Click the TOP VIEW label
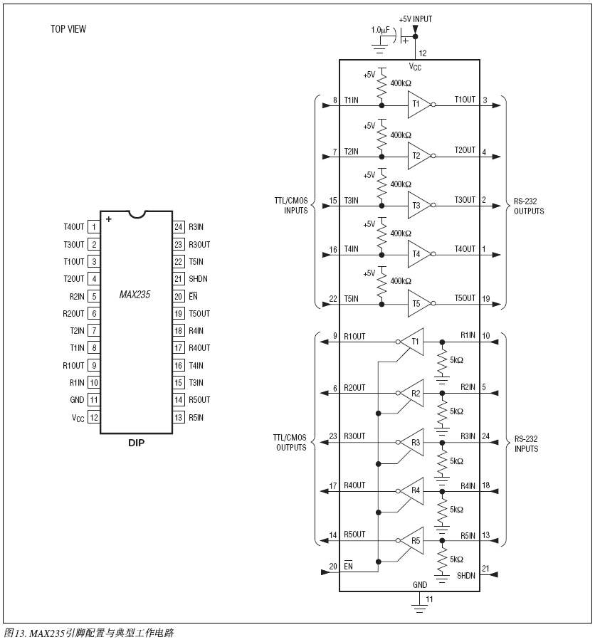tap(68, 29)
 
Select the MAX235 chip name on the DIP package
tap(135, 295)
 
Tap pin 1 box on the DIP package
tap(94, 227)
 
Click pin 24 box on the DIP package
tap(179, 227)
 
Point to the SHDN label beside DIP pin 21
tap(198, 279)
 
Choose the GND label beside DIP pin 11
tap(77, 399)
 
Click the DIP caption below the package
tap(137, 443)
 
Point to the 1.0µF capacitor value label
tap(381, 30)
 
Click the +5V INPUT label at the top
tap(416, 19)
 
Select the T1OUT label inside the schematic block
tap(465, 100)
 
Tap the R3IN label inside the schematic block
tap(468, 436)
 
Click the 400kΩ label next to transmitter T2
tap(401, 135)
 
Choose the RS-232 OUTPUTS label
tap(529, 206)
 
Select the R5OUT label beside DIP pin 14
tap(199, 399)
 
